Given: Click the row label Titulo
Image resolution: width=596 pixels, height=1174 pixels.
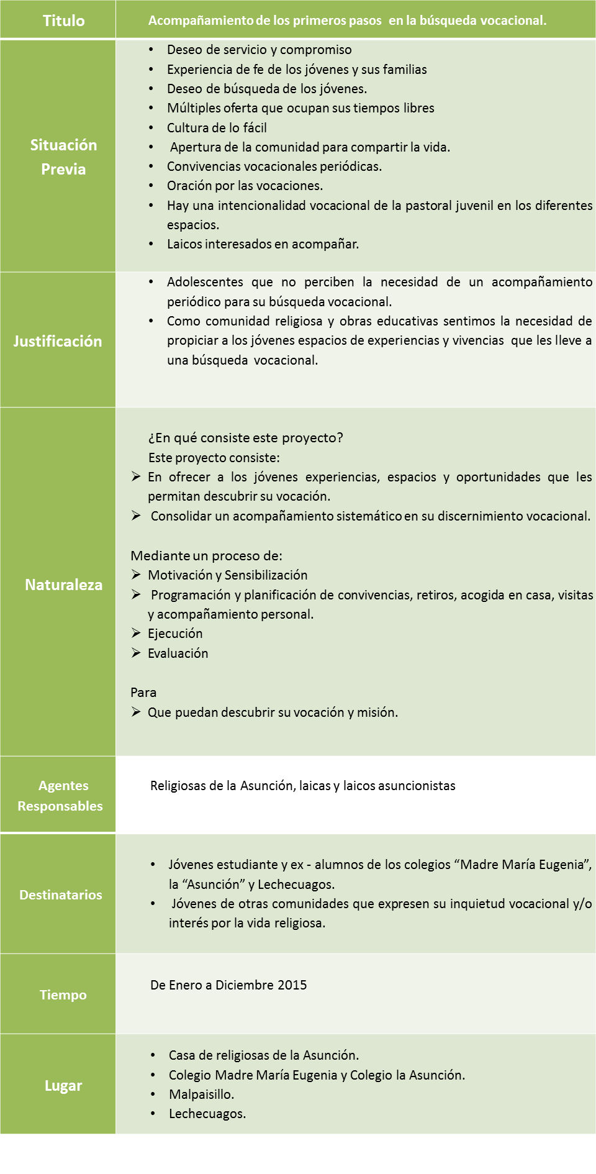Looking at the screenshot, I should click(x=63, y=20).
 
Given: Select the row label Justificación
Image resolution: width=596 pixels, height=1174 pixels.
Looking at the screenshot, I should click(x=58, y=341).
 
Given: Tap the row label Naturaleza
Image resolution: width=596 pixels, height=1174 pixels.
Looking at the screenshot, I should click(x=63, y=585).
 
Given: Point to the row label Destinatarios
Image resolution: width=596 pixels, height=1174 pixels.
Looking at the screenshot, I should click(x=61, y=894).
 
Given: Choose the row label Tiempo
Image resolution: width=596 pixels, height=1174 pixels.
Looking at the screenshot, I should click(x=63, y=994).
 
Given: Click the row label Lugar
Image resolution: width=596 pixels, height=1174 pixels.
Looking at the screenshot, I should click(x=63, y=1085).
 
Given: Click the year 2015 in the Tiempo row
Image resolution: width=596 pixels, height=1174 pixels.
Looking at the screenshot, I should click(x=292, y=985).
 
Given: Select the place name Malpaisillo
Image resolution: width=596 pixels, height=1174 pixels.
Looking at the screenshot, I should click(x=201, y=1094).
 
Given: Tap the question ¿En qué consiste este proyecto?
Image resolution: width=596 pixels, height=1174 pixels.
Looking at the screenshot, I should click(x=245, y=437).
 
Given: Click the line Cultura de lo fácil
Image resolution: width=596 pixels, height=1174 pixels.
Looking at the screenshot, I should click(x=217, y=127).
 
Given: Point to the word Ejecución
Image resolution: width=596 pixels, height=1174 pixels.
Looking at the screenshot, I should click(x=175, y=633).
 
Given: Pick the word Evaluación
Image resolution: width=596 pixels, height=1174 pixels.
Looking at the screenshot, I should click(x=178, y=653).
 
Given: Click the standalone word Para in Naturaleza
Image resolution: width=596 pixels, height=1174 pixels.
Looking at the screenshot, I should click(x=143, y=692).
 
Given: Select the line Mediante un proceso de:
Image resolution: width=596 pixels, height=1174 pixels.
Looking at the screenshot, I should click(x=206, y=555).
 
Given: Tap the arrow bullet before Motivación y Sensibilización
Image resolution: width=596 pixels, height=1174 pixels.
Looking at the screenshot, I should click(x=136, y=575).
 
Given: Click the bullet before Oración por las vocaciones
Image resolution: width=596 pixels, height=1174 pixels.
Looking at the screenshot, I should click(x=151, y=186).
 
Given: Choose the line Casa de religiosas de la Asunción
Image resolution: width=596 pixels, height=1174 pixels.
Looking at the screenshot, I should click(x=263, y=1055).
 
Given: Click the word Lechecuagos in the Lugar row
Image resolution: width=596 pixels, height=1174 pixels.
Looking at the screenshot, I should click(x=207, y=1113).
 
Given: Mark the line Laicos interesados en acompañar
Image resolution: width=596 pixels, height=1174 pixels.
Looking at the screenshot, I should click(x=263, y=243).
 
